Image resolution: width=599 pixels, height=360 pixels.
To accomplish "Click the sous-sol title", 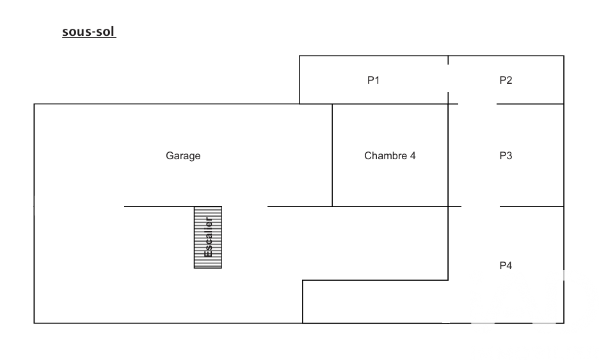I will pyautogui.click(x=88, y=31).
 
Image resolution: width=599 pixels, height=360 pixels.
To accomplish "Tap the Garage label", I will pyautogui.click(x=183, y=155).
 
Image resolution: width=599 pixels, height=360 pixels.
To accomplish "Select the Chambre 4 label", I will pyautogui.click(x=390, y=155).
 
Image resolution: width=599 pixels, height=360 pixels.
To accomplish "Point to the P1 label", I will pyautogui.click(x=374, y=81).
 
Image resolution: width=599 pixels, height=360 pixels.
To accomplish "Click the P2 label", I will pyautogui.click(x=506, y=81).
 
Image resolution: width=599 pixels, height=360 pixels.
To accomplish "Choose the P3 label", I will pyautogui.click(x=506, y=155).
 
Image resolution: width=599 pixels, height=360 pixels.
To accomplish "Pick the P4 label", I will pyautogui.click(x=506, y=265).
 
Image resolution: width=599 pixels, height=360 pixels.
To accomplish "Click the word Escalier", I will pyautogui.click(x=208, y=237).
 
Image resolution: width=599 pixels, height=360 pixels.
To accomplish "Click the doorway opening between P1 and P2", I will pyautogui.click(x=448, y=79).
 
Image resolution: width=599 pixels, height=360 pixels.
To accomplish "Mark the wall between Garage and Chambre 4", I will pyautogui.click(x=332, y=155).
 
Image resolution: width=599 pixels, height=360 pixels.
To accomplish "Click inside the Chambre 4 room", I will pyautogui.click(x=390, y=182).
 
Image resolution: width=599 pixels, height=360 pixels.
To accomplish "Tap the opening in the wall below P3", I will pyautogui.click(x=480, y=207).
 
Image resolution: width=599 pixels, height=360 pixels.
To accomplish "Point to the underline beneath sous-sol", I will pyautogui.click(x=88, y=38).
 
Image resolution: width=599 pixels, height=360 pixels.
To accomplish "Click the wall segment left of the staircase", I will pyautogui.click(x=159, y=207).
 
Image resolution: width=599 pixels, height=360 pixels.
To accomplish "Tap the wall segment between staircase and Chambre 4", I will pyautogui.click(x=299, y=207).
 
